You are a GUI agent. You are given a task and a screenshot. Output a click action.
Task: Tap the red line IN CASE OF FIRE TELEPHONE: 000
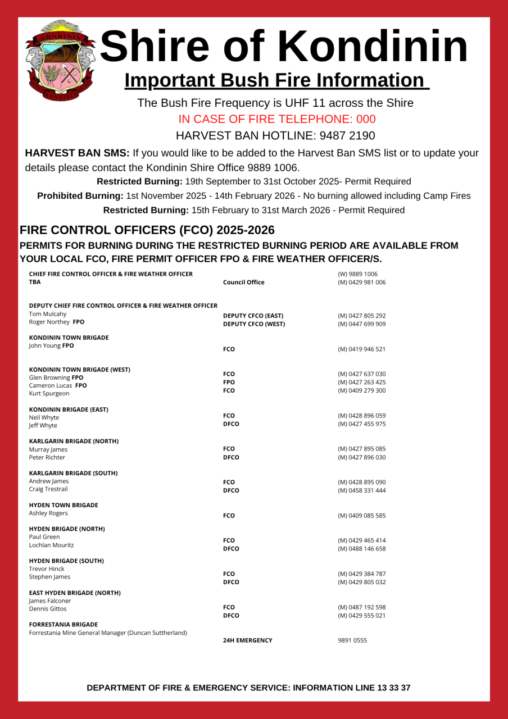pos(277,119)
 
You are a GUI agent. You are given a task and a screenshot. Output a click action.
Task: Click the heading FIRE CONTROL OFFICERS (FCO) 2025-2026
pos(147,230)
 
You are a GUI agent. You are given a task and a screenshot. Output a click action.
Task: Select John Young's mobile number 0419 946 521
pos(361,349)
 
